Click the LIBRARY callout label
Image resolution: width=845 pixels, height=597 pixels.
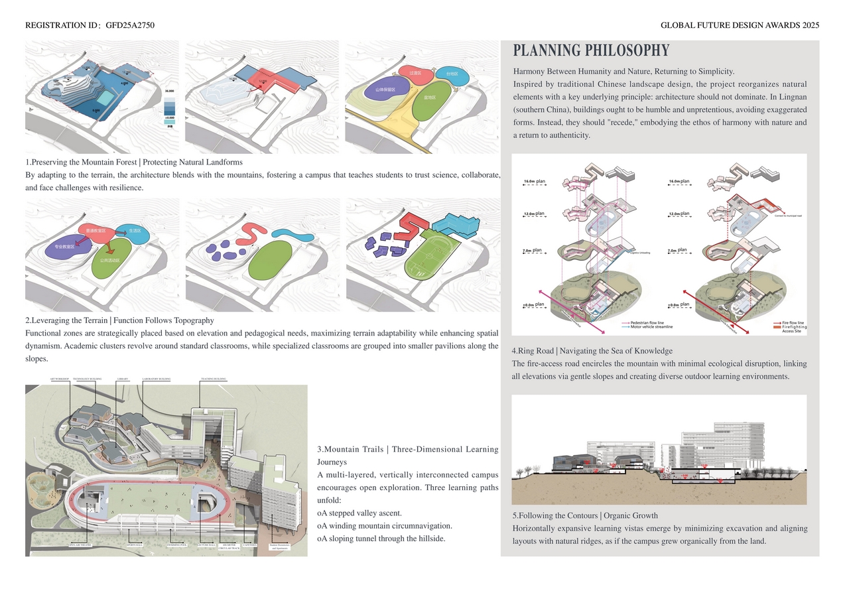123,379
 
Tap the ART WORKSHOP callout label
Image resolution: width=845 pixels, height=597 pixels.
59,379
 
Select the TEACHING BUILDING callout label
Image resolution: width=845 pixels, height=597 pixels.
213,379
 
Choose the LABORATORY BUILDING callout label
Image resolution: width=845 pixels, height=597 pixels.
157,379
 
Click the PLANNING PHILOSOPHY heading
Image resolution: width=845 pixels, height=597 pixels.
591,51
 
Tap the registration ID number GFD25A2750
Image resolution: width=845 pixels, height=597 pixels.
130,26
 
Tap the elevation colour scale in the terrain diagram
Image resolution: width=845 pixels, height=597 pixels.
169,107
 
